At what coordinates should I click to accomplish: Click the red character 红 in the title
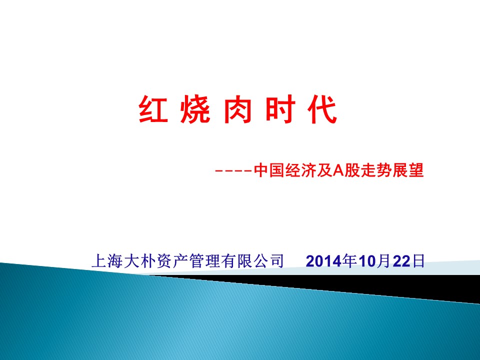coord(153,109)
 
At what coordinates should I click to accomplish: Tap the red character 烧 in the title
coord(195,109)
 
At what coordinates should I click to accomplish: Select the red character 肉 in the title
coord(238,109)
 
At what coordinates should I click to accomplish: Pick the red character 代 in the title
coord(322,109)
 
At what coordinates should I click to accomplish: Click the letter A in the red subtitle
coord(339,170)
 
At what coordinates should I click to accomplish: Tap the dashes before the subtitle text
coord(233,171)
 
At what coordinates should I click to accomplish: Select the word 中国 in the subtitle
coord(269,170)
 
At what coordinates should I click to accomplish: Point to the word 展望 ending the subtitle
coord(408,170)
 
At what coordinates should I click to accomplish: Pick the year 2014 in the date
coord(324,261)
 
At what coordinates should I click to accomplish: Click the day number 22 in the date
coord(401,261)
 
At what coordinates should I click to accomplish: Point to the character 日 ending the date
coord(418,261)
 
